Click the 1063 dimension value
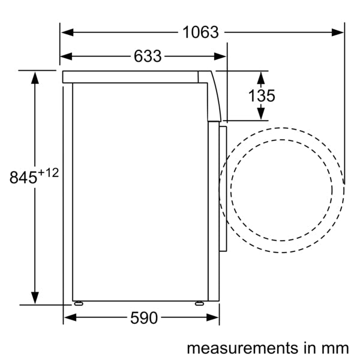click(x=200, y=32)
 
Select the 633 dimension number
click(x=148, y=56)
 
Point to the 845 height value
click(x=23, y=178)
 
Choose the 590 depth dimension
click(x=143, y=318)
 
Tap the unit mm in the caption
click(x=337, y=347)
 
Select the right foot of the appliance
click(x=199, y=303)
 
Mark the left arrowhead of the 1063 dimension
click(x=66, y=32)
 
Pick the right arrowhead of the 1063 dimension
click(x=339, y=32)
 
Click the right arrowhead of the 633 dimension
click(x=221, y=56)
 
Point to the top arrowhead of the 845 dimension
click(x=35, y=76)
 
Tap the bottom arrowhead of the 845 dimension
click(x=35, y=298)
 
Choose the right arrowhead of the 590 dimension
click(x=214, y=318)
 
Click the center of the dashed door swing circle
click(x=281, y=185)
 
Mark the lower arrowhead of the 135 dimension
click(x=261, y=114)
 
